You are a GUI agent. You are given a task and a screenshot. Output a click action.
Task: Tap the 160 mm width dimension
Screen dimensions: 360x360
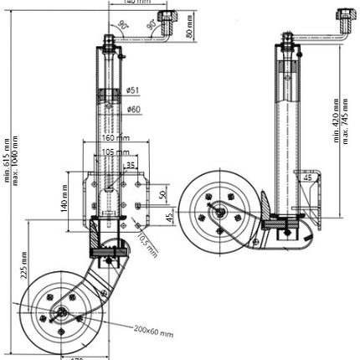tap(115, 138)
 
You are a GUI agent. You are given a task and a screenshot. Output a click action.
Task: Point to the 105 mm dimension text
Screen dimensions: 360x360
tap(116, 152)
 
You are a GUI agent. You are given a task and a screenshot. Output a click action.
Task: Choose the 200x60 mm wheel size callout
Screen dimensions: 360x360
tap(153, 331)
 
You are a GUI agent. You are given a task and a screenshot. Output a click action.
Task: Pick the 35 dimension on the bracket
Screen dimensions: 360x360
tap(131, 166)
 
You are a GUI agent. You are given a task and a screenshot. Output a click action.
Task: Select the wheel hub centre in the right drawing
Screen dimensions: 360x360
tap(219, 212)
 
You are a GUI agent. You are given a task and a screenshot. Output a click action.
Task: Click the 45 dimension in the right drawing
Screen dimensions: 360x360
tap(308, 177)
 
